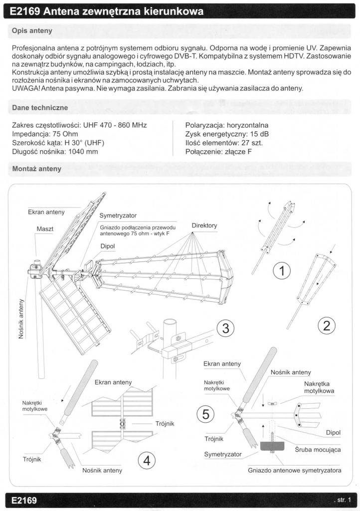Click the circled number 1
click(282, 271)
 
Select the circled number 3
click(226, 328)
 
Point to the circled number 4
click(147, 460)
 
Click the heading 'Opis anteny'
click(32, 31)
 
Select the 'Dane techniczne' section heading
click(40, 107)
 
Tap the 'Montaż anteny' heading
click(36, 169)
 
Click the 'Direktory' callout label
click(204, 226)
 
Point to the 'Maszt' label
click(45, 229)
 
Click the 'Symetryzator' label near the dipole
click(118, 216)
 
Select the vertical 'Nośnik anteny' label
click(21, 319)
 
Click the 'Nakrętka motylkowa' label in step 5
click(319, 387)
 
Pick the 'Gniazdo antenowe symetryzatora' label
click(295, 470)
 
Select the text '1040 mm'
click(83, 152)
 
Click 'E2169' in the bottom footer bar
click(24, 500)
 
